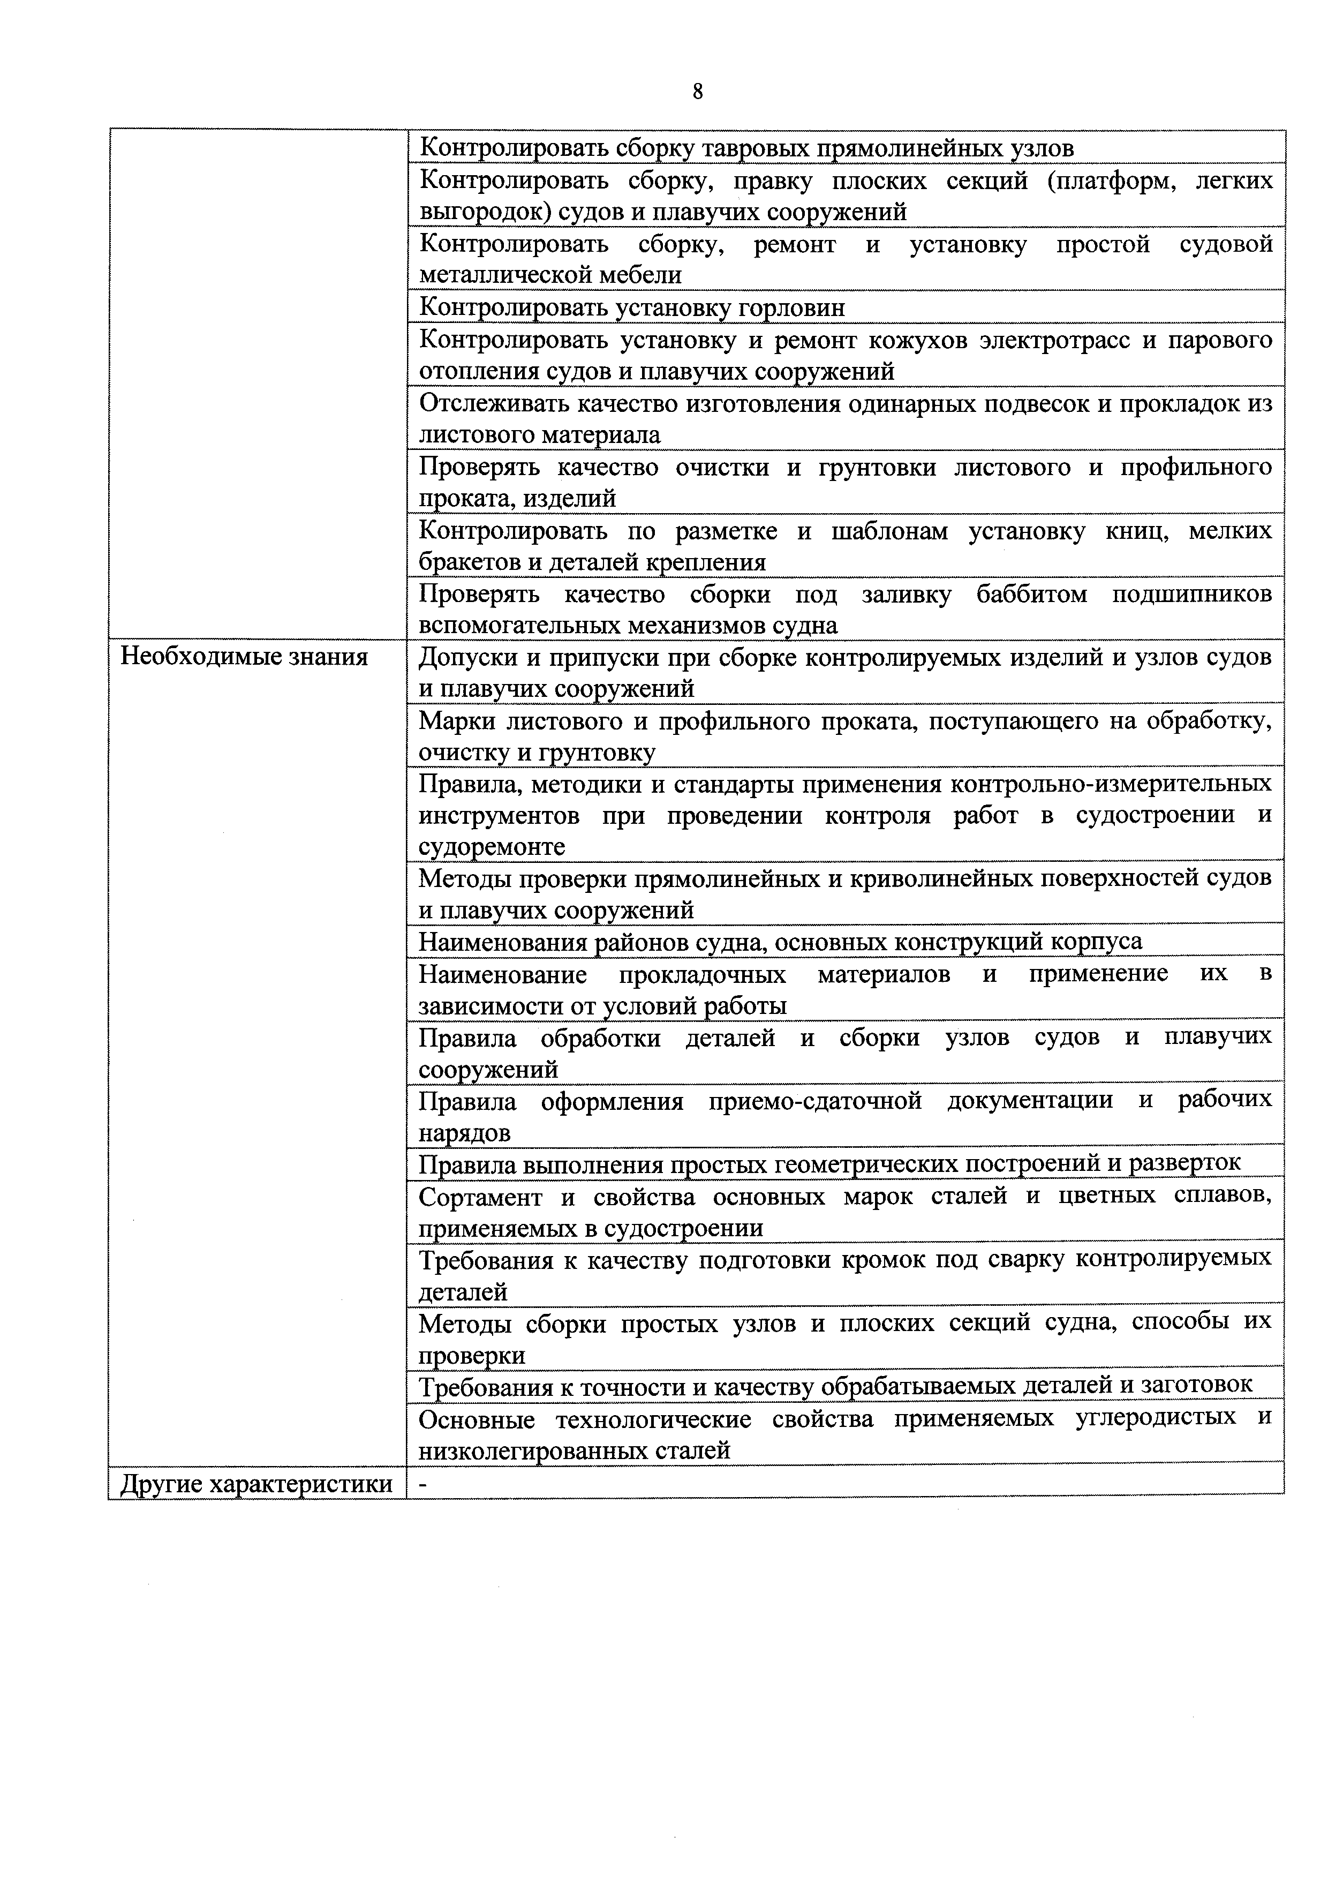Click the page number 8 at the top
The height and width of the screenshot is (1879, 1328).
(697, 92)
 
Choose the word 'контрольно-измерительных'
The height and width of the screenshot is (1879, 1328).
(1111, 784)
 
